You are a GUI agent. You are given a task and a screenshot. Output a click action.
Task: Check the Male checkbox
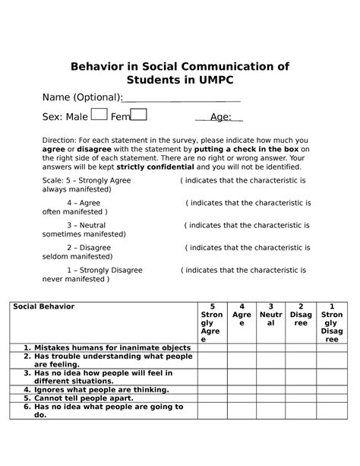pyautogui.click(x=99, y=115)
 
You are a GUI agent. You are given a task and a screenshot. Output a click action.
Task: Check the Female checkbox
pyautogui.click(x=139, y=115)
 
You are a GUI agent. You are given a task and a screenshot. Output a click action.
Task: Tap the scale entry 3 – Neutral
pyautogui.click(x=85, y=226)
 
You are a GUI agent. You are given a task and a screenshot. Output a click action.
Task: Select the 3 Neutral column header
pyautogui.click(x=270, y=315)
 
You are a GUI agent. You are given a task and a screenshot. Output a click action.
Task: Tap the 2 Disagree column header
pyautogui.click(x=301, y=315)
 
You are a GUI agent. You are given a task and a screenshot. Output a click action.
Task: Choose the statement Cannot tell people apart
pyautogui.click(x=79, y=398)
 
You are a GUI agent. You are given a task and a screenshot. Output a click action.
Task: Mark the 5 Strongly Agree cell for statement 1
pyautogui.click(x=211, y=347)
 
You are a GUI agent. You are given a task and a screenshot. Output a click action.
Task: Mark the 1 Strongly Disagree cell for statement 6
pyautogui.click(x=331, y=411)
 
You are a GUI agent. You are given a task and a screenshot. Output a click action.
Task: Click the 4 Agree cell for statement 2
pyautogui.click(x=242, y=360)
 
